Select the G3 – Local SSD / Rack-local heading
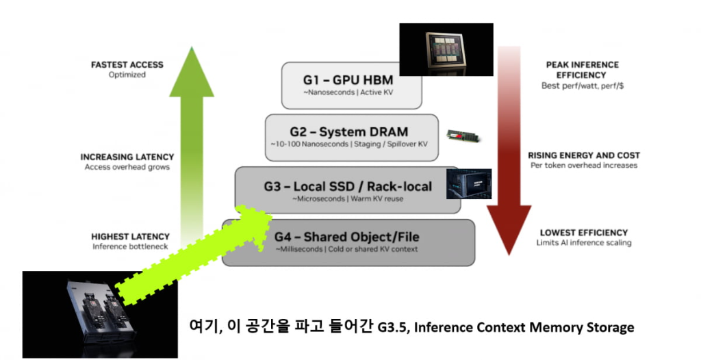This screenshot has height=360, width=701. click(348, 185)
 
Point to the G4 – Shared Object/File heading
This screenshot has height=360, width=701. click(347, 237)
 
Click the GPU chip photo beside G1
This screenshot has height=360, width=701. click(446, 49)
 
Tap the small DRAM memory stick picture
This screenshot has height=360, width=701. click(463, 136)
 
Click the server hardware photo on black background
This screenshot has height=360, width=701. click(100, 313)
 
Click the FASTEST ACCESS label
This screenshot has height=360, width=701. click(127, 65)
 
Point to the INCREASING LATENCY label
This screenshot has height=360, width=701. click(127, 157)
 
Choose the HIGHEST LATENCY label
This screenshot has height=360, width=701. click(130, 237)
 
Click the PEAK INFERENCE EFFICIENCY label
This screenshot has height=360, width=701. click(582, 69)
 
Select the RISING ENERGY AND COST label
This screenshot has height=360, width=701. click(583, 155)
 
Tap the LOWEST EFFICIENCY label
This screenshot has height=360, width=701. click(583, 233)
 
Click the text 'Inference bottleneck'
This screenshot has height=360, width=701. click(130, 246)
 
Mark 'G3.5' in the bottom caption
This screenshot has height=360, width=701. click(390, 328)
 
